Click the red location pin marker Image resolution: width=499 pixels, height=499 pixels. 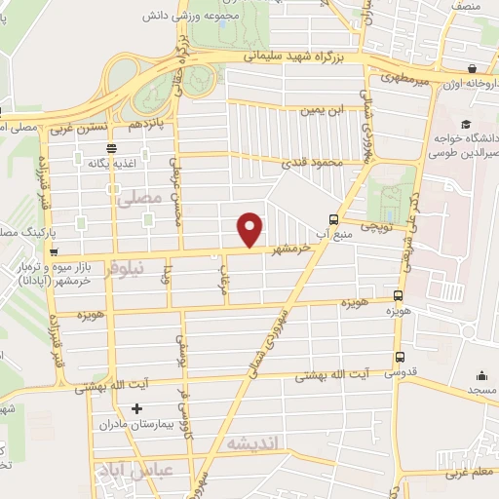tap(251, 229)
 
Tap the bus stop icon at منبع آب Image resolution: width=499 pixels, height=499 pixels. tap(334, 219)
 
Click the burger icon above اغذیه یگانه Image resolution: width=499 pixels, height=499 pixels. tap(111, 147)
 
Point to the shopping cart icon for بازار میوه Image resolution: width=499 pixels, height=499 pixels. tap(53, 251)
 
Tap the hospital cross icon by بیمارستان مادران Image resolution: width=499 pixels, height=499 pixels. tap(136, 408)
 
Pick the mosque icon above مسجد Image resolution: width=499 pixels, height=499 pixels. tap(481, 375)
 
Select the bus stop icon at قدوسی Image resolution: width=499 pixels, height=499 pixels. tap(400, 357)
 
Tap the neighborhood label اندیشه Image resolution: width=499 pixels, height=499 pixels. tap(251, 443)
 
